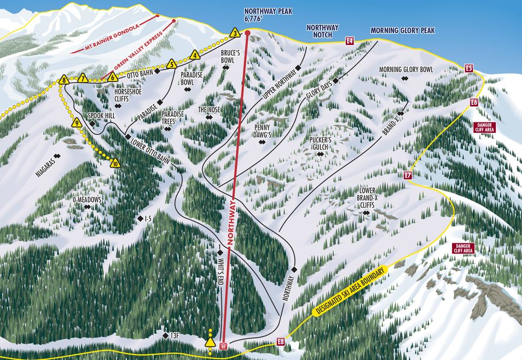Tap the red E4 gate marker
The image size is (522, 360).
[x=350, y=40]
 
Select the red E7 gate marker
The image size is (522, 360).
[x=408, y=176]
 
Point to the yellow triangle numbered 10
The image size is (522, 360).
[x=115, y=164]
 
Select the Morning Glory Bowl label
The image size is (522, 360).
[x=406, y=70]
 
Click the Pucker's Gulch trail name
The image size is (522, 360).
[x=321, y=143]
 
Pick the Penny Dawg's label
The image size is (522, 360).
[x=262, y=131]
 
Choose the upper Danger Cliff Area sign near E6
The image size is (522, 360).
[x=484, y=127]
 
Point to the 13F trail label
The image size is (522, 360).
[x=174, y=335]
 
